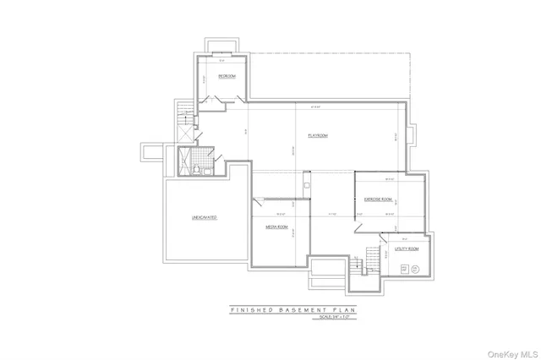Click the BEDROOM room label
[x=226, y=76]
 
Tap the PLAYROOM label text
[x=317, y=136]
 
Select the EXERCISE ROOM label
[x=378, y=199]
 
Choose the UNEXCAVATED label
[x=204, y=218]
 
